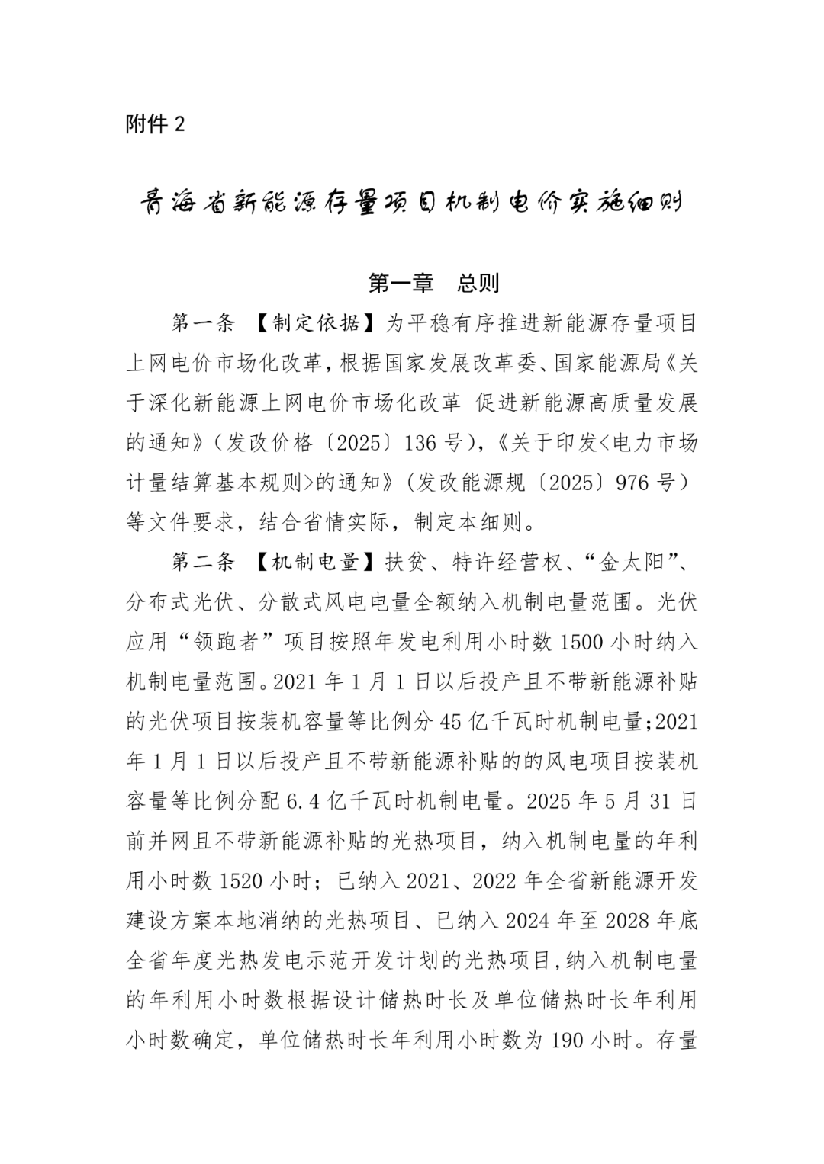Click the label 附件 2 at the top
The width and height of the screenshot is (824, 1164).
[155, 123]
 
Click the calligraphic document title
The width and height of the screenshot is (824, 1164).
[412, 204]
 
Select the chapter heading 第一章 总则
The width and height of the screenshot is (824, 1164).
[433, 284]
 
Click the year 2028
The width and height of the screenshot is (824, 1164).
[629, 920]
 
